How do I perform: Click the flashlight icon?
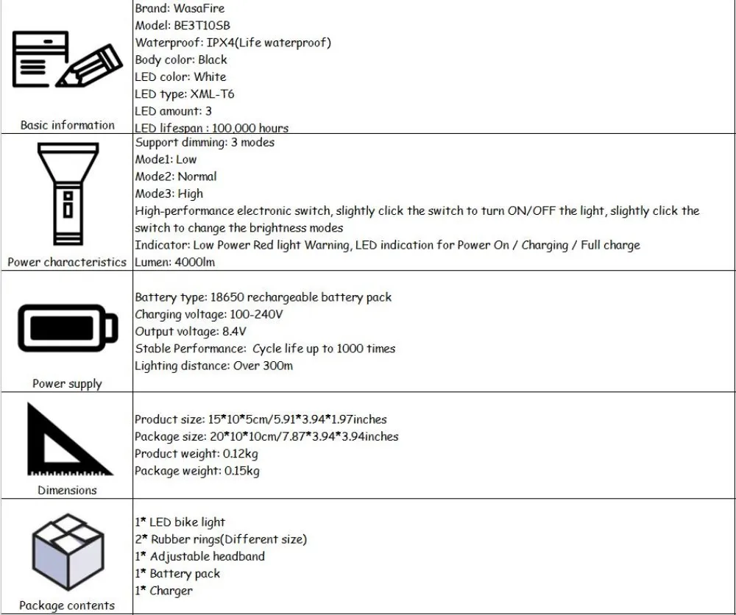(66, 195)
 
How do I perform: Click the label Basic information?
(67, 125)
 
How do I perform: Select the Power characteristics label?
(67, 263)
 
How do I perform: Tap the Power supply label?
(67, 383)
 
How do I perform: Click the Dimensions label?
(67, 490)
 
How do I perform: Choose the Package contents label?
(67, 605)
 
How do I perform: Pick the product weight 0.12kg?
(241, 453)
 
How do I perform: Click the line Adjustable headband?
(207, 556)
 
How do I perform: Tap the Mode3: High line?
(169, 193)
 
